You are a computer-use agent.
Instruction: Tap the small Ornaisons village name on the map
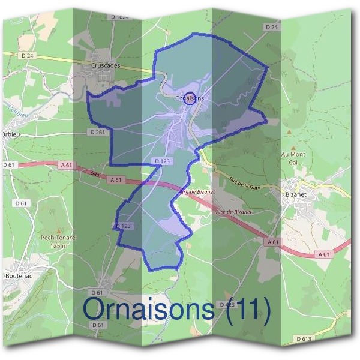[190, 98]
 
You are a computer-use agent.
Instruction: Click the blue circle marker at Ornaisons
[189, 98]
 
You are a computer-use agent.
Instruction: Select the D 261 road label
[97, 131]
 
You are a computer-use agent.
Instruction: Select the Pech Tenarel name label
[58, 238]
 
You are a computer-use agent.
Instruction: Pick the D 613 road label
[304, 339]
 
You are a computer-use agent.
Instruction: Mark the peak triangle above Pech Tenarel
[58, 230]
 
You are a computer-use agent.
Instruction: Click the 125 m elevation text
[58, 246]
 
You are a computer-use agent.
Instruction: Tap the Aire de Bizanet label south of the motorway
[235, 212]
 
